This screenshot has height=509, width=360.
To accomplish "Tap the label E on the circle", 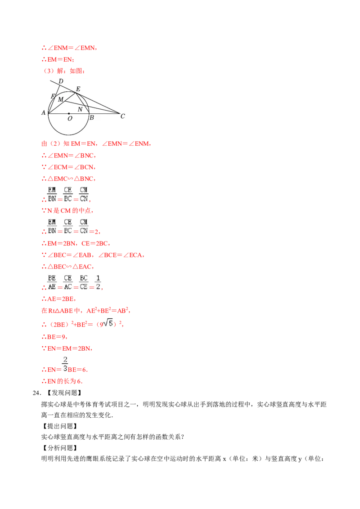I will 78,89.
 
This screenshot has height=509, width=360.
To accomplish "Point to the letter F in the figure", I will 53,96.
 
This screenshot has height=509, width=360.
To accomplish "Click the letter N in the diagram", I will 80,109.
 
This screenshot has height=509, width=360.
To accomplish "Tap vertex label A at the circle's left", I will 44,113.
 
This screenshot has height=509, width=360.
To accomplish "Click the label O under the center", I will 70,119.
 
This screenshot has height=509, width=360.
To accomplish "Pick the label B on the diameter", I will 91,118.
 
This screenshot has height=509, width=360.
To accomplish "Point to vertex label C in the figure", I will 122,116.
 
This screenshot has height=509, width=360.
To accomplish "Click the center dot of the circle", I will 68,113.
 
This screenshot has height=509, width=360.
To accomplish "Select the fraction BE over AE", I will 52,282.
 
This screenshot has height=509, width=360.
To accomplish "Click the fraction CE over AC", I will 67,282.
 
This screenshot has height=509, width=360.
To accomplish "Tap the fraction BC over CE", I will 84,282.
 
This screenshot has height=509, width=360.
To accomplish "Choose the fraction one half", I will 99,282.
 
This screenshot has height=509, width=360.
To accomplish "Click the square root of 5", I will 108,322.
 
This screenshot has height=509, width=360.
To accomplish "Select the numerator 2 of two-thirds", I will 65,359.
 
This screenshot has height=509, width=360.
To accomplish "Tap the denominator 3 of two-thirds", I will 65,369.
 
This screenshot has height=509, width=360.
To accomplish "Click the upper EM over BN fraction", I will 52,194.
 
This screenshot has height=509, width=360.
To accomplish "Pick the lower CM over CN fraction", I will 84,226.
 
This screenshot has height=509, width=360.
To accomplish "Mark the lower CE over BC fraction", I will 67,226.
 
